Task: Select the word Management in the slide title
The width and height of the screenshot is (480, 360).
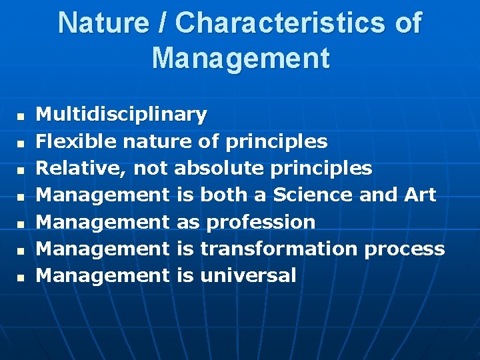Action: pyautogui.click(x=240, y=57)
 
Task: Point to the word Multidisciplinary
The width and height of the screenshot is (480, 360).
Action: pyautogui.click(x=121, y=115)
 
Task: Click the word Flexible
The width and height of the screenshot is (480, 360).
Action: pyautogui.click(x=67, y=141)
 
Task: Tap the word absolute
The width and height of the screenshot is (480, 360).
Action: pyautogui.click(x=219, y=168)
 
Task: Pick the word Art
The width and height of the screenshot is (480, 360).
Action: pyautogui.click(x=419, y=195)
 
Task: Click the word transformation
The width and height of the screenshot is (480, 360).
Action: pyautogui.click(x=279, y=249)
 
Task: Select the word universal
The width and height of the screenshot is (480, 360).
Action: pyautogui.click(x=248, y=275)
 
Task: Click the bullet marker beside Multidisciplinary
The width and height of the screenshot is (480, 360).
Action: pyautogui.click(x=20, y=117)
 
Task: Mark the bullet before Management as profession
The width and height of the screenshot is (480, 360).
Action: pyautogui.click(x=20, y=223)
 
